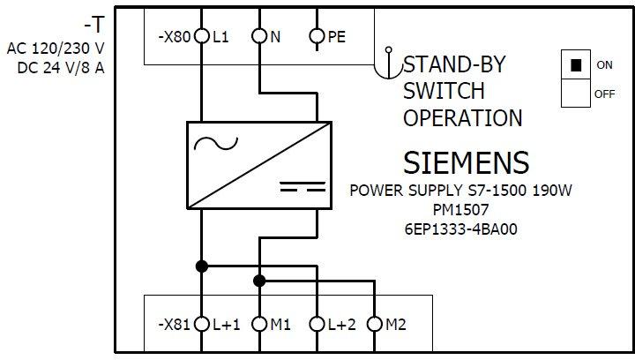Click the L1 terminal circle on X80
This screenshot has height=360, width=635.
[x=202, y=37]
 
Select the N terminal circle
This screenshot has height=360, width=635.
[x=259, y=37]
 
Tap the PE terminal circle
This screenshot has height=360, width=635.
[x=317, y=37]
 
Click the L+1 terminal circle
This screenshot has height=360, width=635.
[x=202, y=325]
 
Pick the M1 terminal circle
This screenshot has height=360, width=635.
[x=259, y=325]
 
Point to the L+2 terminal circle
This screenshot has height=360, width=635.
[x=317, y=325]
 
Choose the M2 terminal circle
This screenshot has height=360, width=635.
[x=374, y=325]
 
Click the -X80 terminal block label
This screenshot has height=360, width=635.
[x=174, y=38]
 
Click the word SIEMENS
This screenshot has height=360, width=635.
[x=467, y=163]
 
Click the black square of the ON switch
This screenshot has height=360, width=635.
[x=576, y=65]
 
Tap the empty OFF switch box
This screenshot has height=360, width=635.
[x=576, y=94]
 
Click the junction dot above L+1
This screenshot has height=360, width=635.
[x=202, y=266]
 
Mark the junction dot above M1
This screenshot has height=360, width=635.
[x=259, y=281]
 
